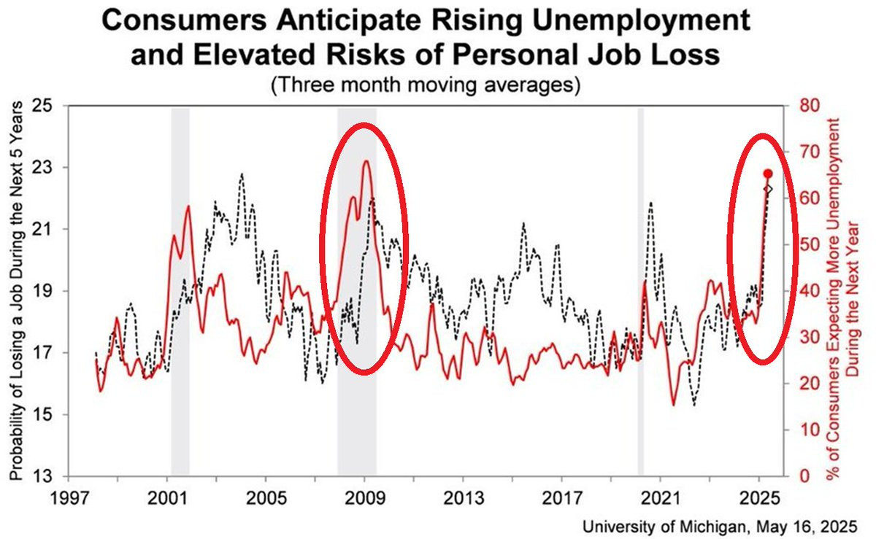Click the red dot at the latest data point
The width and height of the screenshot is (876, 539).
click(768, 174)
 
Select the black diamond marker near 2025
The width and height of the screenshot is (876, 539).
click(768, 189)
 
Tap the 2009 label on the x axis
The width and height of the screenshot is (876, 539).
click(364, 499)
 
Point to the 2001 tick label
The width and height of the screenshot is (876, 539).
click(167, 499)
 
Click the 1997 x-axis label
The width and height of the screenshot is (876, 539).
click(70, 499)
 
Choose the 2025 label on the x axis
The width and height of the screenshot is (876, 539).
click(759, 499)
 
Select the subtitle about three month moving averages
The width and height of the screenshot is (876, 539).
click(426, 85)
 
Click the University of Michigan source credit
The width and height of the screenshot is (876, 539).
click(720, 527)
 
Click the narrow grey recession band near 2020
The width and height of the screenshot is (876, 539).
click(641, 292)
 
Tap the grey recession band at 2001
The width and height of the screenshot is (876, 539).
click(180, 292)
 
